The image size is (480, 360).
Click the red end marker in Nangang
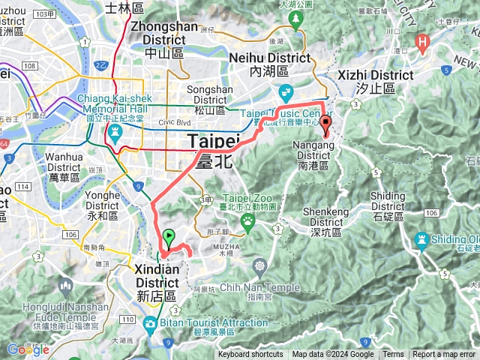pos(325,125)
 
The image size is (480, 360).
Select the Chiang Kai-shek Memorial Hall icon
pos(115,132)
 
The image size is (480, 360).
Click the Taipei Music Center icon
pos(285,93)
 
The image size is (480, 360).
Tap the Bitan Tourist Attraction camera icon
pos(150,323)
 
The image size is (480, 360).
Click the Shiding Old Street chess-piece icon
pos(421,239)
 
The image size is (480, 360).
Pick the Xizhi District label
pos(367,81)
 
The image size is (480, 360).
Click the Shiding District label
pos(388,201)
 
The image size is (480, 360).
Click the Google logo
pos(28,349)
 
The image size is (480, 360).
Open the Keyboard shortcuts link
pos(250,355)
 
